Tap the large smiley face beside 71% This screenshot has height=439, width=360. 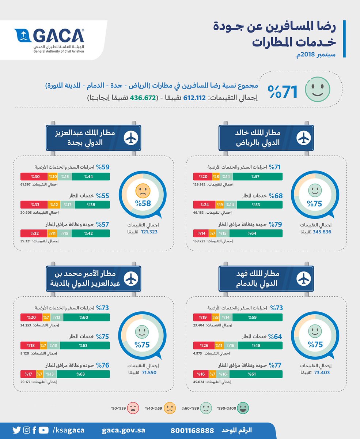click(318, 89)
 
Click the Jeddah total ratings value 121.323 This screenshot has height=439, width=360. click(145, 232)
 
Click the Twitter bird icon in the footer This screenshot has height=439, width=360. click(16, 430)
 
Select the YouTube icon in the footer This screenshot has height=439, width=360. click(43, 430)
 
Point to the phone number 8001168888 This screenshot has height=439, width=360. click(193, 430)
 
